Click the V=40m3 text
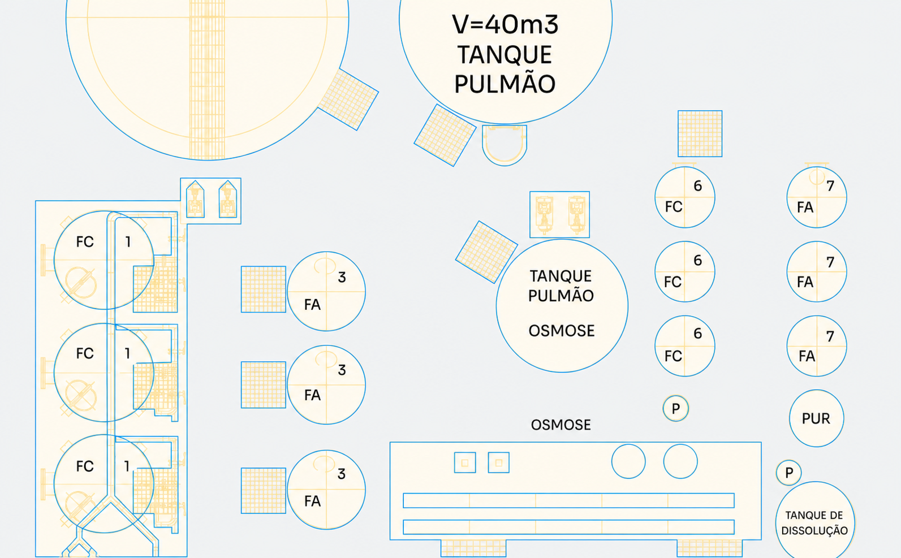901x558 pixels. [x=505, y=24]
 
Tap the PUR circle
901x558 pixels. [x=816, y=418]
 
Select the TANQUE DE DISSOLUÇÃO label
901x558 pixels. [x=814, y=522]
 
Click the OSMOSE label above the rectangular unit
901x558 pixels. [x=561, y=425]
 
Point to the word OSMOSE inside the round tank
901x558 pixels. [x=562, y=331]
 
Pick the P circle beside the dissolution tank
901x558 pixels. [x=788, y=473]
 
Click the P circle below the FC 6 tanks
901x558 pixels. [x=676, y=408]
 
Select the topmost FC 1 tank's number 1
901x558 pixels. [x=128, y=242]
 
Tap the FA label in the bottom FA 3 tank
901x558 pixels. [x=313, y=501]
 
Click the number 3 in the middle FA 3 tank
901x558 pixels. [x=342, y=370]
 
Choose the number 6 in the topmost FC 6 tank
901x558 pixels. [x=698, y=186]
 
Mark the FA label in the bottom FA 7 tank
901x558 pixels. [x=807, y=356]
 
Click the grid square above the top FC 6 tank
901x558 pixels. [x=700, y=133]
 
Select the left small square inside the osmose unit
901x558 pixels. [x=465, y=462]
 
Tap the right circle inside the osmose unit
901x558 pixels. [x=680, y=461]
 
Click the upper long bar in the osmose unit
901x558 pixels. [x=569, y=500]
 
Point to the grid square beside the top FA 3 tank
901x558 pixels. [x=264, y=289]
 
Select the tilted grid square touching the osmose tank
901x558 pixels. [x=486, y=252]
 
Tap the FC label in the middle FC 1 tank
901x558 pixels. [x=85, y=353]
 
